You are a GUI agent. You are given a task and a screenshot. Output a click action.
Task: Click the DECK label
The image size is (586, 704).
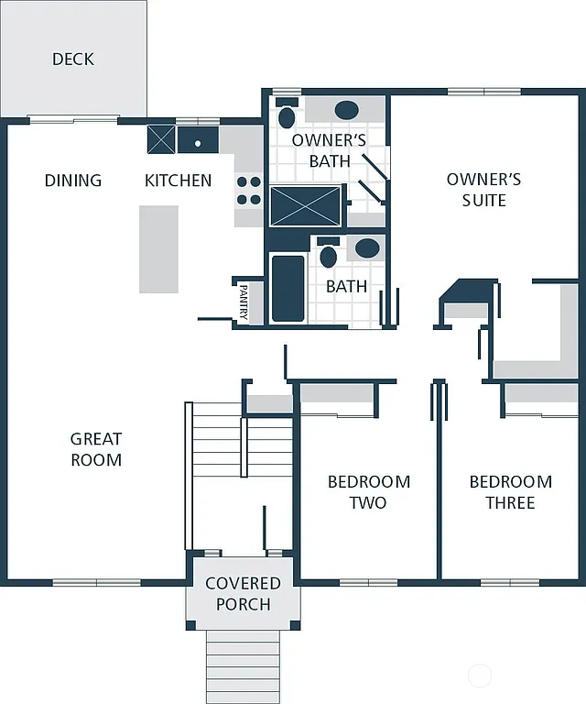[73, 59]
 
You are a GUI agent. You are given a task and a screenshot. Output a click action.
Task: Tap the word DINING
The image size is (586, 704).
[73, 181]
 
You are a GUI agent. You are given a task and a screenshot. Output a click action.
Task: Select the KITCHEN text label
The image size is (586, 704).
[179, 181]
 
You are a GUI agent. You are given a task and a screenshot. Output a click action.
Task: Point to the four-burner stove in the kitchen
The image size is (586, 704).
[249, 190]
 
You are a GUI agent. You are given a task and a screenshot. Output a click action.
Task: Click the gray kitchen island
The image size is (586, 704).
[158, 248]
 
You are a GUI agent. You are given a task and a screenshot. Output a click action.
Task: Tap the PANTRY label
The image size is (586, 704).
[244, 302]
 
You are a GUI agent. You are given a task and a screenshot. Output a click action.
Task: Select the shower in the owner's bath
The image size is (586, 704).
[306, 206]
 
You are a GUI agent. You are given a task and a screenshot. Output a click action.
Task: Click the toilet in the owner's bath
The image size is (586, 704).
[287, 116]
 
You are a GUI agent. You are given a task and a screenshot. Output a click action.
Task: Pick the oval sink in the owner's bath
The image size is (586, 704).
[346, 111]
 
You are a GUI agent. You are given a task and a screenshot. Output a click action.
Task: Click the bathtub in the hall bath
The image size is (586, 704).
[288, 288]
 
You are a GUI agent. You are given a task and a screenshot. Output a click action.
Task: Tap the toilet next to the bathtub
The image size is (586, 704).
[328, 256]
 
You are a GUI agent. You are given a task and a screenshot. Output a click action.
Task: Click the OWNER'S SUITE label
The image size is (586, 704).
[483, 189]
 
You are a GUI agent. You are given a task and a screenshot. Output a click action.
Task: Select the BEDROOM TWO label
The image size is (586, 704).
[368, 491]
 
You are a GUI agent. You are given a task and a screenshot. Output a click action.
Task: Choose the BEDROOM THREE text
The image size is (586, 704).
[510, 491]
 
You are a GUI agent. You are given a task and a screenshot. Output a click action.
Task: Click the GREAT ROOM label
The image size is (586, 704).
[96, 449]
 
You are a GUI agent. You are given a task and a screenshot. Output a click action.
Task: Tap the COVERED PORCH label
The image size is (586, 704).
[243, 593]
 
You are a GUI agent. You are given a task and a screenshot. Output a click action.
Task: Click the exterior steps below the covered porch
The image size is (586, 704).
[243, 665]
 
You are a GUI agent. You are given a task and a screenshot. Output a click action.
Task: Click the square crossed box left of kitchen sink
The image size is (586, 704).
[161, 140]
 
